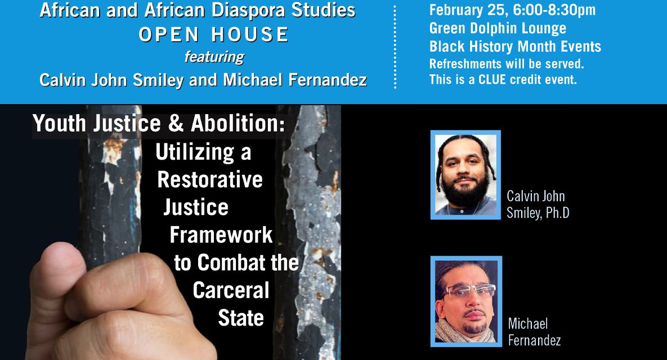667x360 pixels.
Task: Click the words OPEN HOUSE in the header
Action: [x=214, y=35]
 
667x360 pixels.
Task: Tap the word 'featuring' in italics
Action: [x=214, y=57]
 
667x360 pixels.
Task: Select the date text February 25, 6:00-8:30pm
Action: [x=512, y=10]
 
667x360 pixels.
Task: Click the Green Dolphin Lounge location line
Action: [x=498, y=28]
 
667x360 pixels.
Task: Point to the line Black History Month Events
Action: [x=515, y=46]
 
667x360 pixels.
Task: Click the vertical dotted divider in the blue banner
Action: [x=395, y=48]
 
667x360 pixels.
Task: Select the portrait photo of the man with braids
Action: [x=465, y=174]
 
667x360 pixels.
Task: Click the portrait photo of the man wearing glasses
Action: [x=465, y=301]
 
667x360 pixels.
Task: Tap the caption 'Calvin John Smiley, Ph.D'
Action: [x=538, y=204]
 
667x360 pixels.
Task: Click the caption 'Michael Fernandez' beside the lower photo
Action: [x=534, y=332]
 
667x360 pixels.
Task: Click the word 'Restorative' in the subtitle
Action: [x=210, y=179]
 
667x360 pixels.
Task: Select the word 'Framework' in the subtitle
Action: [x=221, y=235]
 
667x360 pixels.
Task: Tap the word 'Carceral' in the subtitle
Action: [x=231, y=290]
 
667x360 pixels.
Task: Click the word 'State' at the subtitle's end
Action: [x=241, y=318]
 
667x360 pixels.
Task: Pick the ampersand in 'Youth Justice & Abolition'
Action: [x=176, y=124]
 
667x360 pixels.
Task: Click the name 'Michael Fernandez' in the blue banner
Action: [x=295, y=80]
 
